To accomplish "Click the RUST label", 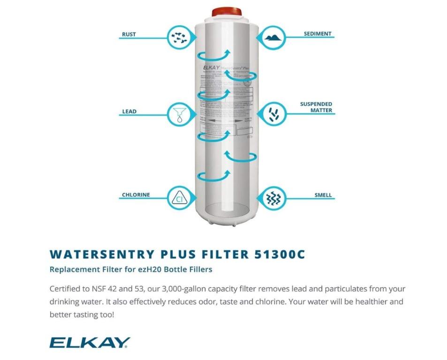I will point(129,34).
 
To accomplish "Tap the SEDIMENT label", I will point(317,34).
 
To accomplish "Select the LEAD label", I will point(129,112).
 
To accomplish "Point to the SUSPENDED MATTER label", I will point(316,107).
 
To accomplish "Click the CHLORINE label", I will point(136,195).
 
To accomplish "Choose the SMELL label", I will point(323,195).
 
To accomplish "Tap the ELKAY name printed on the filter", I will point(211,67).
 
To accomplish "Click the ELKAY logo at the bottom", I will point(90,343).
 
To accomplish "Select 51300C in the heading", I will point(280,254).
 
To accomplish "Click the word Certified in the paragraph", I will point(65,289).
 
